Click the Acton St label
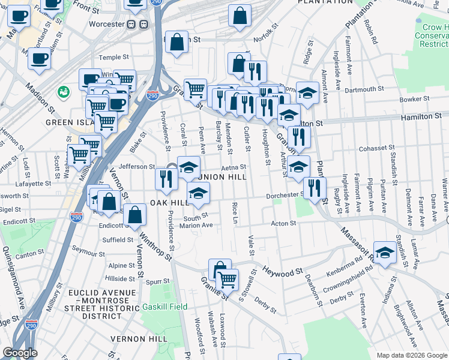coord(284,223)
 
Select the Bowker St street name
coord(414,99)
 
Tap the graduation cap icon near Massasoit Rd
coord(385,250)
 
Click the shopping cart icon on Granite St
coord(227,279)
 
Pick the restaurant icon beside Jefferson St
coord(165,178)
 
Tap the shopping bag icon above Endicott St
coord(136,213)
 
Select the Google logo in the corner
coord(20,353)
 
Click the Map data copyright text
coord(412,355)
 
